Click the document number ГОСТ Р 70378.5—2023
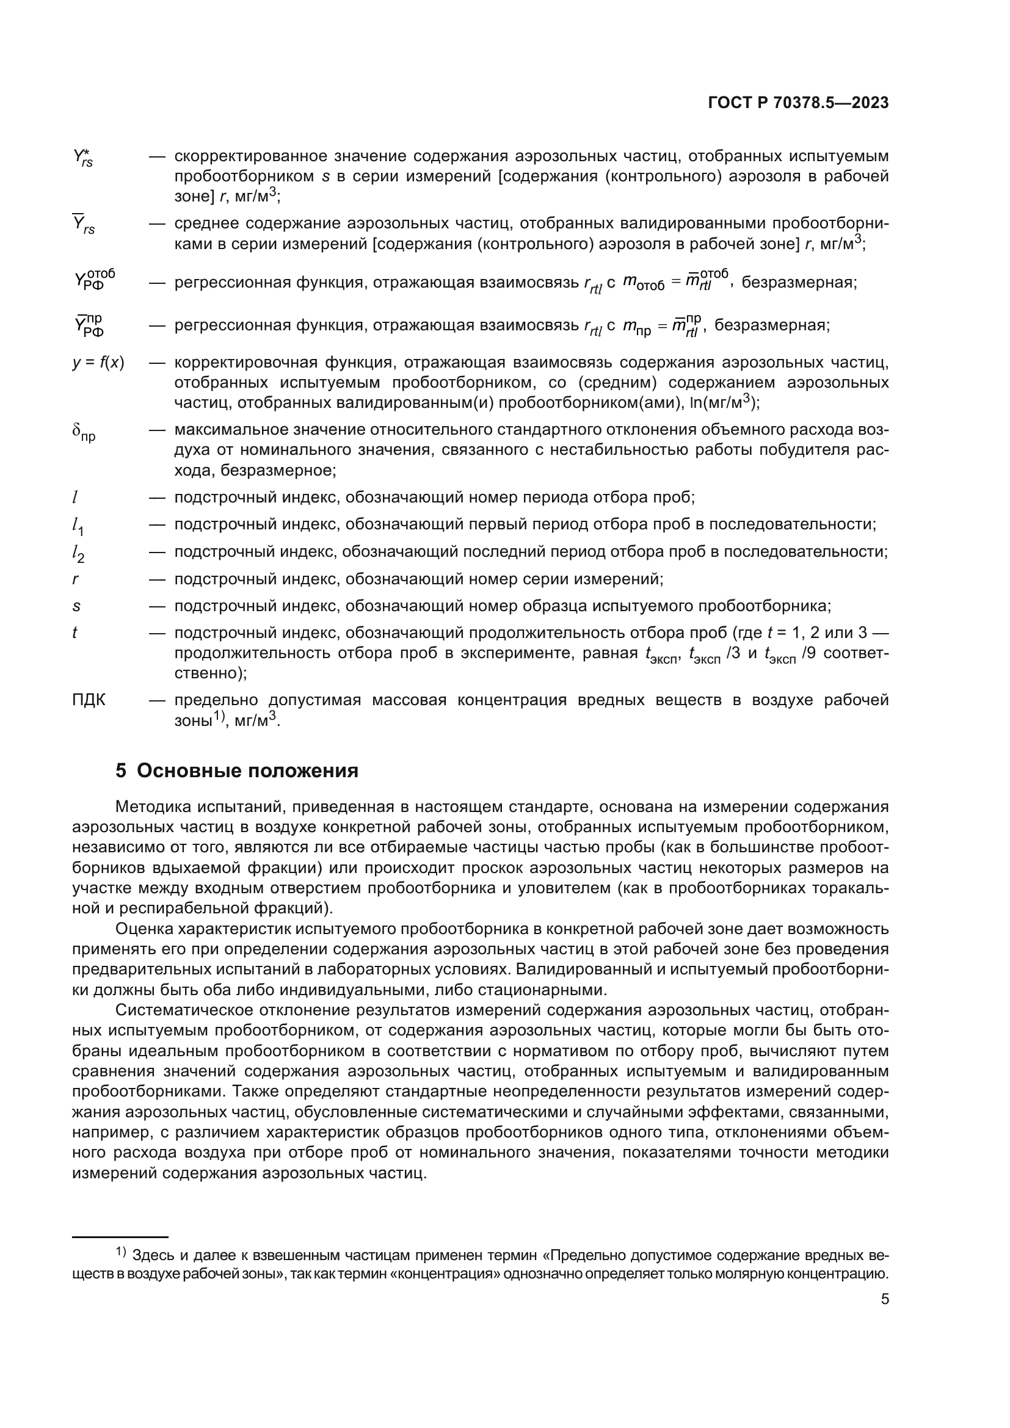point(798,103)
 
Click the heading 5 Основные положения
point(237,770)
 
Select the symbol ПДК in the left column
point(89,700)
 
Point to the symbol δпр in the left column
point(83,432)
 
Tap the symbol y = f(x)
point(98,363)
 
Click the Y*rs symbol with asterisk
point(82,158)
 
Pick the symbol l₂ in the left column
point(78,553)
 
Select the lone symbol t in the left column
point(74,632)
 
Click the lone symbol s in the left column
point(76,606)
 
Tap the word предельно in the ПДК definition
point(209,700)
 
